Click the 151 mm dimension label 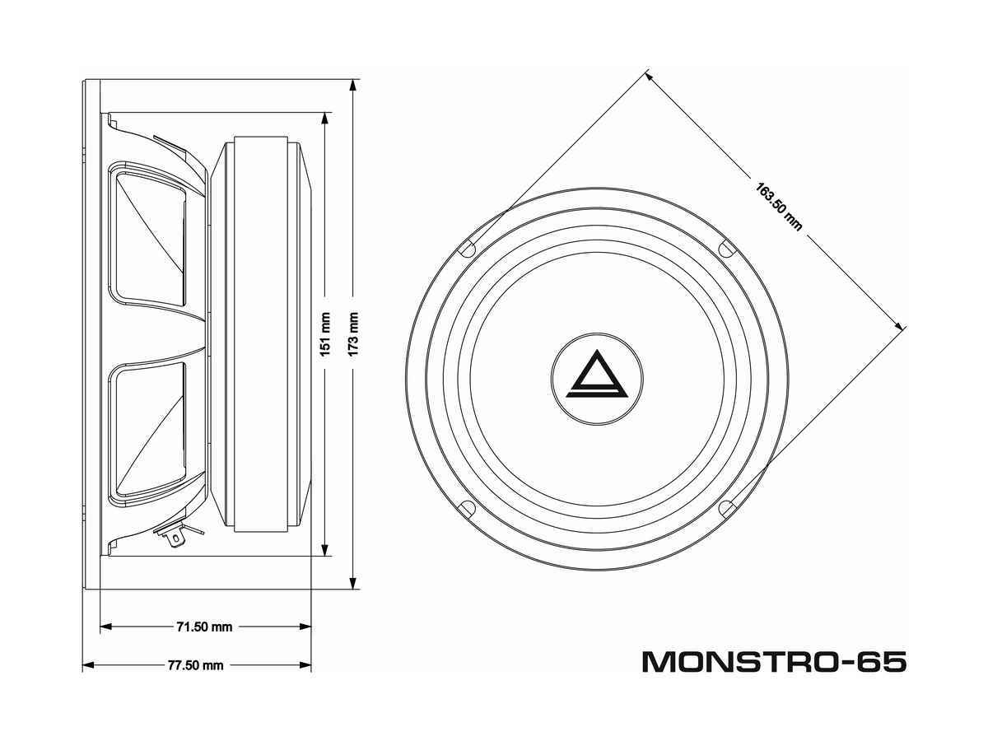tap(325, 334)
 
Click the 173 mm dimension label tap(353, 334)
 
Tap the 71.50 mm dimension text tap(204, 627)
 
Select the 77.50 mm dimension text tap(195, 665)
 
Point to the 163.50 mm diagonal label tap(779, 207)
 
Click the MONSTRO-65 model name tap(774, 662)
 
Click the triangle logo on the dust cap tap(596, 375)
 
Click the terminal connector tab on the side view tap(175, 537)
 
